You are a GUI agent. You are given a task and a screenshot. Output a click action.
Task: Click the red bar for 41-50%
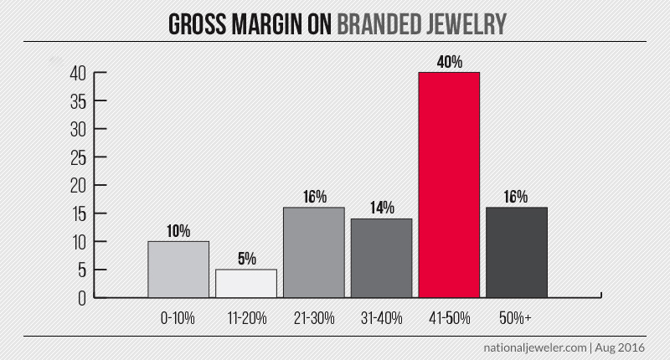click(x=449, y=184)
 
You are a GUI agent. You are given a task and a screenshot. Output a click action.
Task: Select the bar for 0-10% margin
click(x=178, y=269)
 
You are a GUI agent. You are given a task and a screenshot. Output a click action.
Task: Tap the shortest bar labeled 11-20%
click(x=246, y=283)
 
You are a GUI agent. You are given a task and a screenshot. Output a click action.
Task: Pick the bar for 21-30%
click(x=314, y=252)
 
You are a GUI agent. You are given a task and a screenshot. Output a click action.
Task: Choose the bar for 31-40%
click(x=381, y=258)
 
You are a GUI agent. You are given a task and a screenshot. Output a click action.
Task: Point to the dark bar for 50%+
click(x=517, y=252)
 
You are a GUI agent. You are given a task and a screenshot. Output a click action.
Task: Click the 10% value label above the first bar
click(x=178, y=231)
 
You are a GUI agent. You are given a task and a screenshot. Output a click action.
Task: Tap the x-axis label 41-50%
click(x=449, y=319)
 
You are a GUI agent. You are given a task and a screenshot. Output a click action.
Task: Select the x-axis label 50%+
click(x=517, y=319)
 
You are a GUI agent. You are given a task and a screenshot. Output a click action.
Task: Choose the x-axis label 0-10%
click(x=178, y=319)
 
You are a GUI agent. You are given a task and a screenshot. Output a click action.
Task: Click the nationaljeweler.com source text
click(x=530, y=346)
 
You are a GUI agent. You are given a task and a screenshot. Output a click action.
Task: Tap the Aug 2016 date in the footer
click(x=621, y=346)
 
